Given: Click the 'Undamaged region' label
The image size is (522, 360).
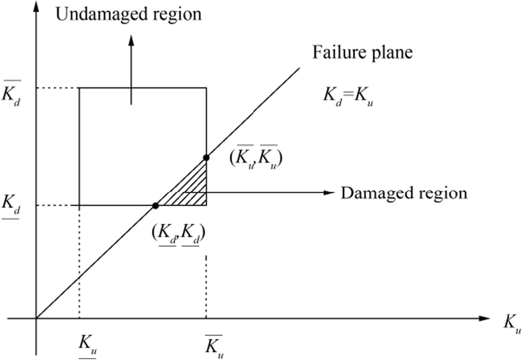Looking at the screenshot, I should click(x=129, y=14).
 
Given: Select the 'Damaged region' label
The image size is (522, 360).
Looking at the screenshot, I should click(x=404, y=193).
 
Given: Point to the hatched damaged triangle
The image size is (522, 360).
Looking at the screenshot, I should click(x=191, y=191).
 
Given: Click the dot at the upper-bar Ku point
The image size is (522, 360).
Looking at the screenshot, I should click(x=206, y=158).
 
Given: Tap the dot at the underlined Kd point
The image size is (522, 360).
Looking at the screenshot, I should click(x=155, y=205).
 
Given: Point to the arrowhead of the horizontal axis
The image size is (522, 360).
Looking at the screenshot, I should click(x=484, y=318).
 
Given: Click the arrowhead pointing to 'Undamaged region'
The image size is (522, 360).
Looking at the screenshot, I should click(x=132, y=39).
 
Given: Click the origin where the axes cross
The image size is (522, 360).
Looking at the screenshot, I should click(x=36, y=318).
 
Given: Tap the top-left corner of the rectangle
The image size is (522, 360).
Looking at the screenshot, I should click(x=79, y=87).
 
